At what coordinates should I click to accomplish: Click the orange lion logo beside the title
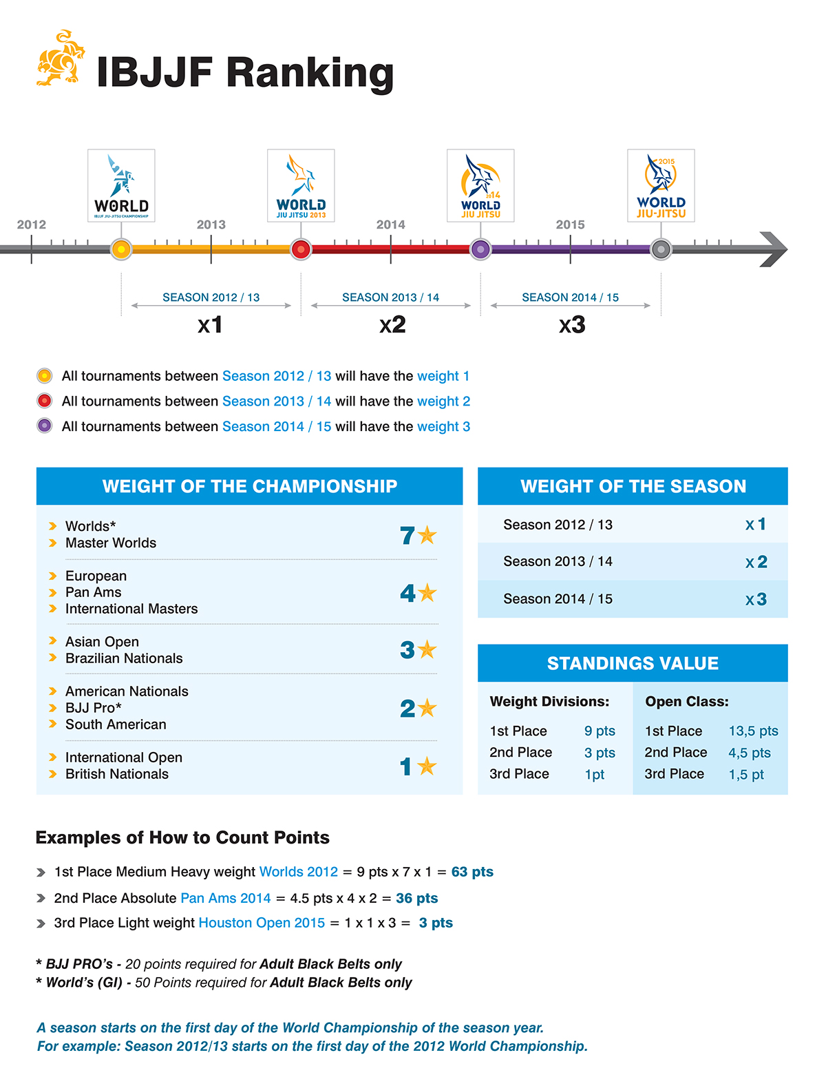point(61,59)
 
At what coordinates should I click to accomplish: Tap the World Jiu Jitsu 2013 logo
point(301,185)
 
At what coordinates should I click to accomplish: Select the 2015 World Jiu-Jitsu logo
point(661,185)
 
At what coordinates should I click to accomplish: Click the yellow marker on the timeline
point(121,249)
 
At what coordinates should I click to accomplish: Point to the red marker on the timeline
point(301,249)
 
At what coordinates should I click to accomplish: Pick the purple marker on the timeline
point(480,249)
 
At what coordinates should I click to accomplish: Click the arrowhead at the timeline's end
point(774,249)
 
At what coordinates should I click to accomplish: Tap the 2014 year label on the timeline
point(391,224)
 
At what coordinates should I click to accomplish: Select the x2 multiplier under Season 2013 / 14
point(392,324)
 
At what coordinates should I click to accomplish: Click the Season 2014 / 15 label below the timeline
point(570,297)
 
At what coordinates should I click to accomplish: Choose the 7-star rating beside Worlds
point(418,535)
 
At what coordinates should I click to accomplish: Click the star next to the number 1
point(427,766)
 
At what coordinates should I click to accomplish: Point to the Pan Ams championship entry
point(93,592)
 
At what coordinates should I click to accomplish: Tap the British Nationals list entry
point(116,774)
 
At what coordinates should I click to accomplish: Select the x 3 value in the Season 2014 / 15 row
point(756,599)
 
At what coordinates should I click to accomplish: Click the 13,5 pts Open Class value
point(753,731)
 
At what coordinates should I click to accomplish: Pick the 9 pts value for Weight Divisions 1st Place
point(600,731)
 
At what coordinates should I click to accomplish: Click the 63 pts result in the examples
point(472,872)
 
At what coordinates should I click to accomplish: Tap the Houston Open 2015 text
point(262,923)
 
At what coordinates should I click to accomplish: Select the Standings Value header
point(633,663)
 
